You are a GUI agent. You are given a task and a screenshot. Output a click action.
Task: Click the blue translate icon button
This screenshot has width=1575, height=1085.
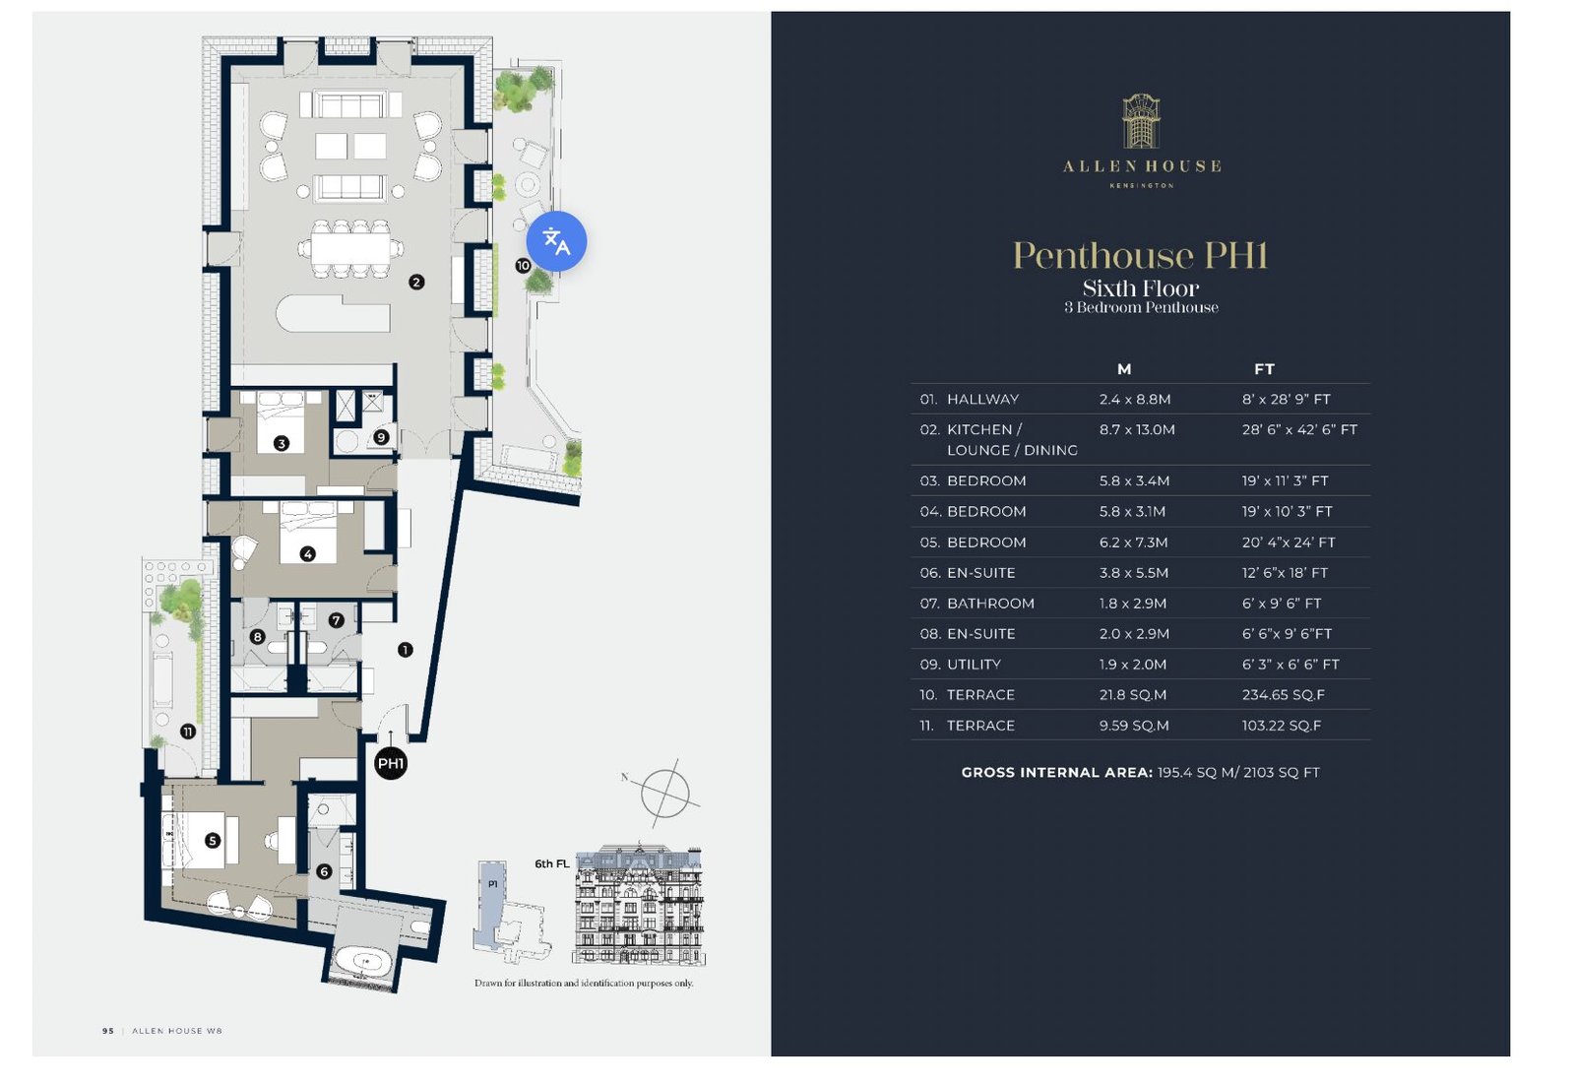click(x=556, y=241)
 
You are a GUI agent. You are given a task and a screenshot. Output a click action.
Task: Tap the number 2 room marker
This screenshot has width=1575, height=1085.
click(x=416, y=282)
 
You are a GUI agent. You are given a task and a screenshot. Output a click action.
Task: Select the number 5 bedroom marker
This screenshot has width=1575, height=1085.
click(x=213, y=840)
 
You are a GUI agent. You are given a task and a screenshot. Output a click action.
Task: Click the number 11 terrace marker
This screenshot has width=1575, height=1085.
click(x=188, y=732)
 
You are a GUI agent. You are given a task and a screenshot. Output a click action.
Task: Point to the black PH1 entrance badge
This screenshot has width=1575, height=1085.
click(x=391, y=763)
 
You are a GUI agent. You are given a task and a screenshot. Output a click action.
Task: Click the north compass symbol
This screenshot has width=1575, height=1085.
click(x=665, y=793)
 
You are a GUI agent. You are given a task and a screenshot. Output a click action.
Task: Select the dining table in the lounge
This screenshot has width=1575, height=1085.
click(x=350, y=248)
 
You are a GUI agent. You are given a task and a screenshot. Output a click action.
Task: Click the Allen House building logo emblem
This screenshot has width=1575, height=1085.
click(x=1141, y=121)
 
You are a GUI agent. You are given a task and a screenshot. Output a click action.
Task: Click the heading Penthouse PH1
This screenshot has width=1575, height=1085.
click(x=1141, y=255)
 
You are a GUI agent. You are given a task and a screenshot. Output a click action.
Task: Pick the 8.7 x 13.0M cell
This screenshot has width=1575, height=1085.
click(x=1137, y=429)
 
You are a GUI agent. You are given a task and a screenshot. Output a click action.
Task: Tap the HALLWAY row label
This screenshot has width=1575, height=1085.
click(x=982, y=399)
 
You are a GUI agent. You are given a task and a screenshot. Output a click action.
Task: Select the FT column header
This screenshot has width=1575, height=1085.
click(x=1264, y=368)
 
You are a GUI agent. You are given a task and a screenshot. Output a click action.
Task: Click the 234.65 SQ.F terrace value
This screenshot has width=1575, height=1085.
click(x=1284, y=694)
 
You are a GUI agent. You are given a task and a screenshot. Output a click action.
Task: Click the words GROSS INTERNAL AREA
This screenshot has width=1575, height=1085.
click(x=1057, y=772)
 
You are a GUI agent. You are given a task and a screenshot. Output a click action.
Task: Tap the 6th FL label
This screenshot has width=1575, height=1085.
click(x=552, y=863)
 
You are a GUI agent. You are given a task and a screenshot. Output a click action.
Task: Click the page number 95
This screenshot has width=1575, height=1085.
click(x=108, y=1031)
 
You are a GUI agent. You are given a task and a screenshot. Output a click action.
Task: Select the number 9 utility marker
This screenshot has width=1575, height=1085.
click(x=381, y=437)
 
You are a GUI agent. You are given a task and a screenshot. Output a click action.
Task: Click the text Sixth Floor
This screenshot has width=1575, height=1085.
click(x=1141, y=287)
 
